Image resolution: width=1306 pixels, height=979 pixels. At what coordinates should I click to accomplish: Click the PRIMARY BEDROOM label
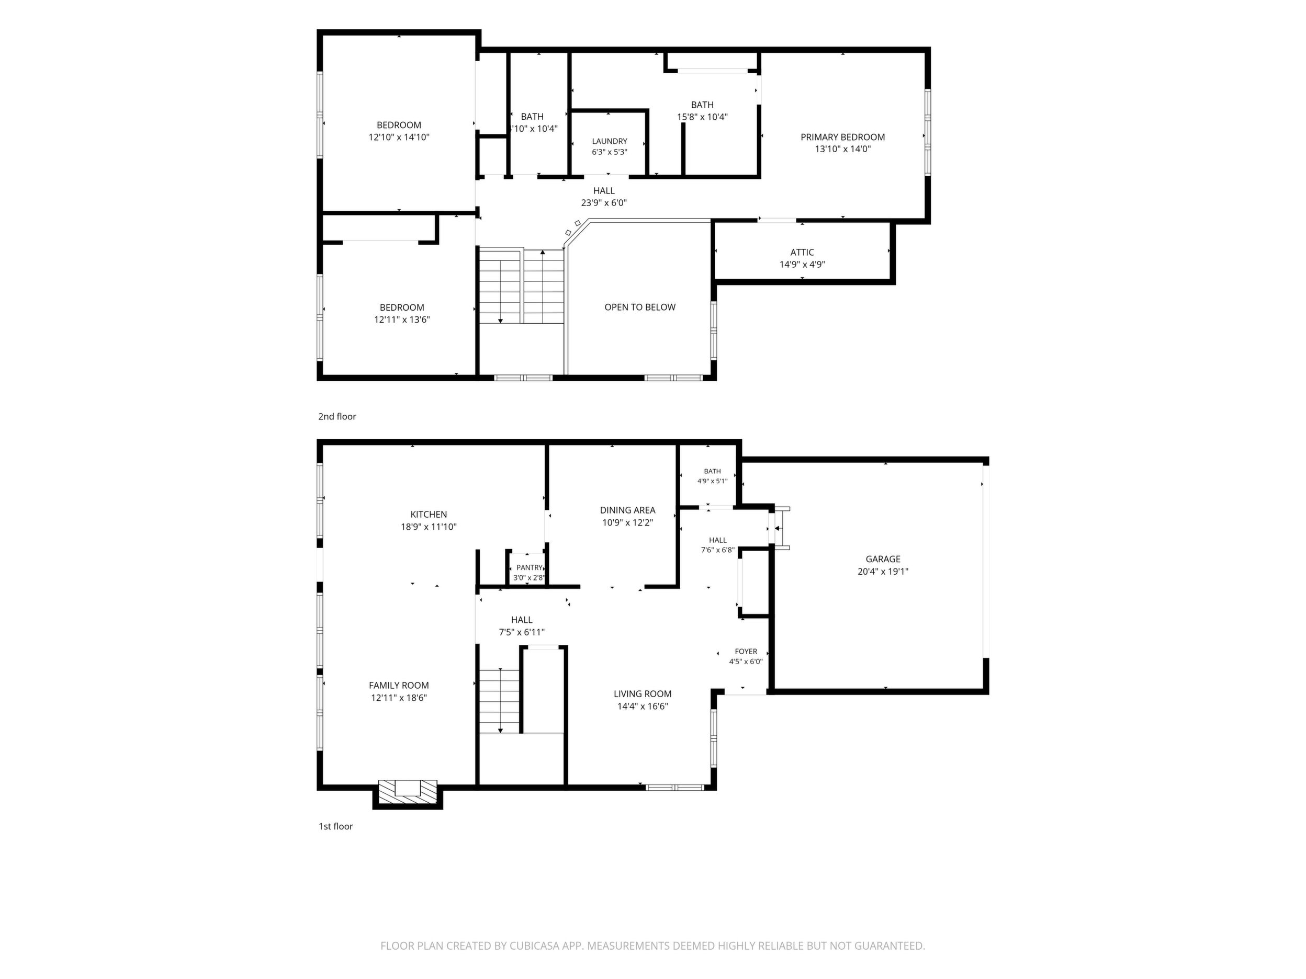tap(842, 137)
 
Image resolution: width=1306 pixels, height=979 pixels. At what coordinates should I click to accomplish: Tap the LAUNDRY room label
tap(609, 142)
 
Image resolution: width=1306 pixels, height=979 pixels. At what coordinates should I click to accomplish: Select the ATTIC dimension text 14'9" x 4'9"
tap(802, 265)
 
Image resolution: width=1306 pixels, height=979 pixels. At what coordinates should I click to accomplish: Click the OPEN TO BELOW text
tap(639, 307)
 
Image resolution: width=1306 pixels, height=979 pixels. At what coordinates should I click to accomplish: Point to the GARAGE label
tap(883, 559)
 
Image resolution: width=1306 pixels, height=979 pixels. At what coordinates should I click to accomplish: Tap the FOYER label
tap(746, 652)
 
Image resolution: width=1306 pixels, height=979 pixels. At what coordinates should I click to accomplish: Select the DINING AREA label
tap(627, 510)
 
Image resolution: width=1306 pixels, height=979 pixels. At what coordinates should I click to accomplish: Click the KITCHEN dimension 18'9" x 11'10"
tap(429, 527)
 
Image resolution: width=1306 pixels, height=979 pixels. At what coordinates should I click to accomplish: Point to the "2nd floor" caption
tap(337, 417)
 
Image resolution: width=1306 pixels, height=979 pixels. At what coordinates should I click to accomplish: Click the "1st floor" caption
tap(335, 826)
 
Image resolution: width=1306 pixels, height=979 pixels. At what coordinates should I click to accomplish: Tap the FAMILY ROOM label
tap(399, 685)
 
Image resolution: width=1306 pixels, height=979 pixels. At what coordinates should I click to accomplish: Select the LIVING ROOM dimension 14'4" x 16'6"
tap(643, 707)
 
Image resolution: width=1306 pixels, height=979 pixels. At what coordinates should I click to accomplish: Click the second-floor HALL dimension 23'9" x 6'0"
tap(603, 203)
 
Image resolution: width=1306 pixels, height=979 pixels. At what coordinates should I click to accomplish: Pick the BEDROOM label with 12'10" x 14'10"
tap(399, 125)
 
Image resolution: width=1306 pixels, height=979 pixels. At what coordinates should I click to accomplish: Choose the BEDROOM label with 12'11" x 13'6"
tap(401, 308)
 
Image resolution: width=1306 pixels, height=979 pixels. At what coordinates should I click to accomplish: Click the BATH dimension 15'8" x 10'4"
tap(702, 117)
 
